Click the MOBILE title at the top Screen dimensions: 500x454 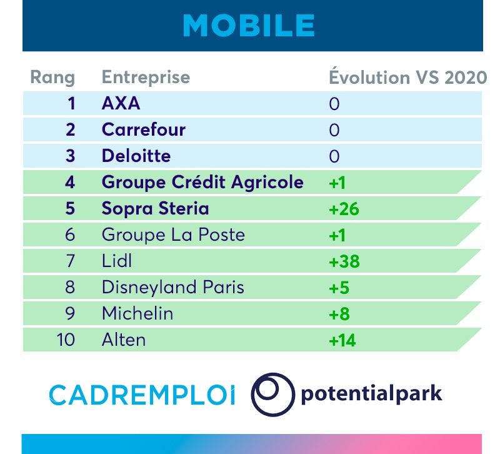(x=249, y=26)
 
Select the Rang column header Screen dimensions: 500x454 (x=52, y=78)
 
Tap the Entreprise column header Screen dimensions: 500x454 (x=146, y=78)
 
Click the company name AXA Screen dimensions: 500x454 (x=121, y=103)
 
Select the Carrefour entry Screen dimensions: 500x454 (x=144, y=129)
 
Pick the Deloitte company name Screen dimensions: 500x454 (x=136, y=156)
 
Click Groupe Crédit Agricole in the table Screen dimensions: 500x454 (x=202, y=183)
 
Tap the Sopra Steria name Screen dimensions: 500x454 (x=155, y=209)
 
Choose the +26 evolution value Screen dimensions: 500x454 (x=344, y=209)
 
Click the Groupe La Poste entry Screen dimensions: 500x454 (x=173, y=235)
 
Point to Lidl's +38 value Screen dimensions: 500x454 (x=344, y=261)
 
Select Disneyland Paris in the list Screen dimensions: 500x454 (x=173, y=287)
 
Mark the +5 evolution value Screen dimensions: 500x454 (x=339, y=288)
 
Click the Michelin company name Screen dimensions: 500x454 (x=137, y=313)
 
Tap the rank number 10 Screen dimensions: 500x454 (x=66, y=340)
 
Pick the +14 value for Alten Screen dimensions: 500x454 (x=342, y=340)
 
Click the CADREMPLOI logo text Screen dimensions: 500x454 (x=142, y=395)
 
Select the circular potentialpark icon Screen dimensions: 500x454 (x=273, y=395)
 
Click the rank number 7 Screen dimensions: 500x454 (x=71, y=261)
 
